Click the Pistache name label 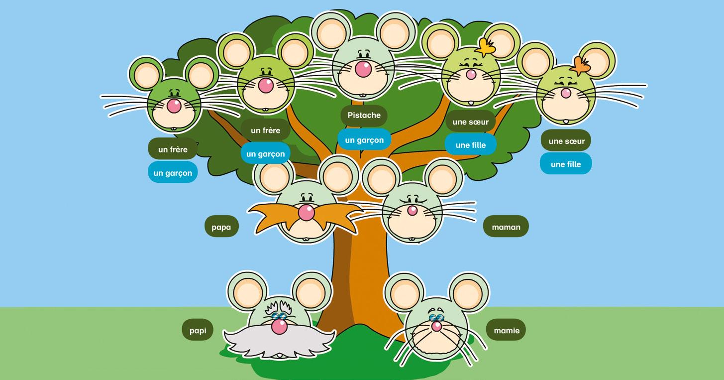tap(364, 116)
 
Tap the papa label tap(221, 227)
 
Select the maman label tap(506, 227)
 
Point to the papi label tap(198, 330)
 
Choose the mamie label tap(506, 330)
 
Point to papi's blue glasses tap(279, 315)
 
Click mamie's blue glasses tap(437, 318)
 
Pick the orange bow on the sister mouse tap(580, 65)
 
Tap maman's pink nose tap(413, 210)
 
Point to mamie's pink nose tap(436, 326)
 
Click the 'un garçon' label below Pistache tap(364, 140)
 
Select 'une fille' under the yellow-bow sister tap(470, 145)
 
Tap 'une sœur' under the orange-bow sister tap(566, 141)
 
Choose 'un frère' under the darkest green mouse tap(173, 149)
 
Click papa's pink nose tap(306, 213)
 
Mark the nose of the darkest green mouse tap(174, 106)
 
